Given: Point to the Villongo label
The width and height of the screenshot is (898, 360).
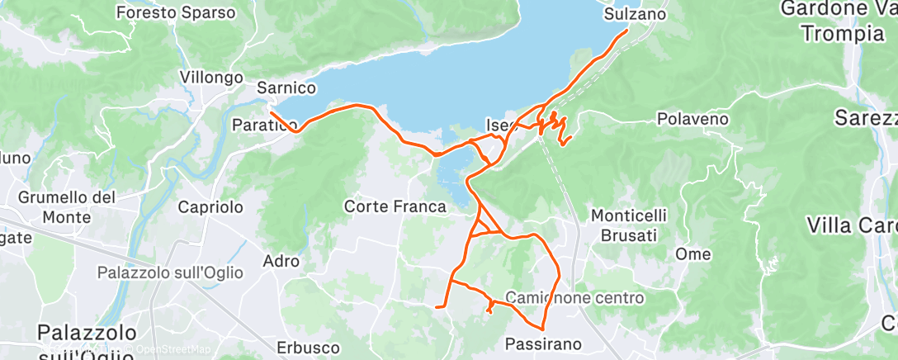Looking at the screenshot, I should pyautogui.click(x=211, y=77).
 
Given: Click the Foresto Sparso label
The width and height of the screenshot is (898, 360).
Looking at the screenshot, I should pyautogui.click(x=176, y=13).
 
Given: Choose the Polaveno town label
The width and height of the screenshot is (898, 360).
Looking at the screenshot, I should pyautogui.click(x=692, y=119).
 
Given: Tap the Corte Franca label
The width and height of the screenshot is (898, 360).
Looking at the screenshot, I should pyautogui.click(x=395, y=206).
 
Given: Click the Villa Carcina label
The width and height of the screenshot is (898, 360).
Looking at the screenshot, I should pyautogui.click(x=850, y=225).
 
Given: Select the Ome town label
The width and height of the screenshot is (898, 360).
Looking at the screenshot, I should pyautogui.click(x=692, y=254).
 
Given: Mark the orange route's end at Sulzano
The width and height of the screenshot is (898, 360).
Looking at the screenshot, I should pyautogui.click(x=627, y=31).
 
